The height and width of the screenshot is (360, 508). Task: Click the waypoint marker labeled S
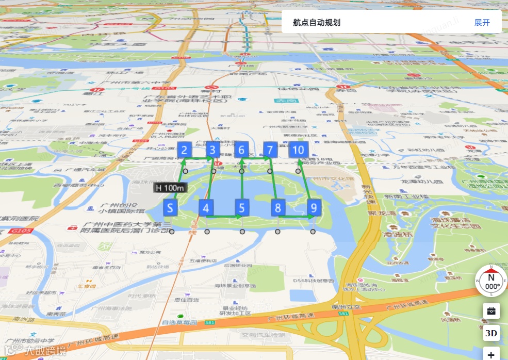(170, 208)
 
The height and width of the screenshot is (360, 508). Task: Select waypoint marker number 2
(185, 150)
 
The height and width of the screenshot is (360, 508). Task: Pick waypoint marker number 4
(206, 208)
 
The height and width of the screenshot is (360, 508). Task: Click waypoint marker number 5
(242, 208)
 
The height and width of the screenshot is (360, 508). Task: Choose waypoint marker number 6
(241, 150)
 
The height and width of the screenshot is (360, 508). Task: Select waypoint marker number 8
(278, 208)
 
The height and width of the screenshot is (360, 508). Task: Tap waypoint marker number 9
(314, 208)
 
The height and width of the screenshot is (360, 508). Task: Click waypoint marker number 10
(299, 150)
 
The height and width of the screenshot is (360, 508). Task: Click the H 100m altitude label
(169, 188)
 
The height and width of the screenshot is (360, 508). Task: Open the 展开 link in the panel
(482, 23)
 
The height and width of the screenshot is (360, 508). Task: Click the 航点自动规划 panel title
(316, 23)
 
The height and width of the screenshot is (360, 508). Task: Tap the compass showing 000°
(491, 281)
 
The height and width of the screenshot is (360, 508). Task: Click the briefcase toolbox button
(491, 310)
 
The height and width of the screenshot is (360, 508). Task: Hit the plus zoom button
(491, 354)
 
